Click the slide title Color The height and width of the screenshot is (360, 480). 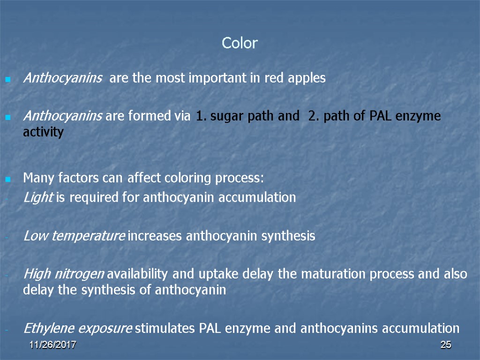click(x=240, y=44)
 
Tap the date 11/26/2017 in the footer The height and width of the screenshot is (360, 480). click(x=52, y=345)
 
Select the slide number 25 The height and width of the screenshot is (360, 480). click(x=445, y=345)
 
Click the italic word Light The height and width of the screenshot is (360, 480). click(x=37, y=198)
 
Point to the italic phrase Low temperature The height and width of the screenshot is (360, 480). click(x=74, y=236)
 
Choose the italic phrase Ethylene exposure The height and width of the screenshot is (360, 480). click(x=77, y=328)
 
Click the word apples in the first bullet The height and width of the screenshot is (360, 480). click(x=307, y=78)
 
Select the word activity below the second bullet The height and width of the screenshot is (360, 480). click(x=43, y=133)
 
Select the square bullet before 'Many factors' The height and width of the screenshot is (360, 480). click(x=7, y=179)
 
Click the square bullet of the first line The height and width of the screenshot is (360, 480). click(x=7, y=79)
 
